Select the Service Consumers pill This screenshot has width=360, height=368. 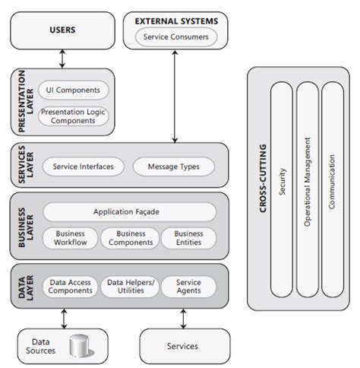pyautogui.click(x=175, y=36)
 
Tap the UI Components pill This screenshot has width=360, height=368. pyautogui.click(x=74, y=90)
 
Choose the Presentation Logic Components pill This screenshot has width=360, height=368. pyautogui.click(x=74, y=116)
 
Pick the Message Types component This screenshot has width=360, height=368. pyautogui.click(x=174, y=166)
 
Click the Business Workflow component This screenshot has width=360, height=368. pyautogui.click(x=70, y=238)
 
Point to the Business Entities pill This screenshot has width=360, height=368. pyautogui.click(x=188, y=238)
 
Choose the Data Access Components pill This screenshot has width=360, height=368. pyautogui.click(x=69, y=287)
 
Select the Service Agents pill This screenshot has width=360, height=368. pyautogui.click(x=188, y=287)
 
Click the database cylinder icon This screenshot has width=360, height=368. pyautogui.click(x=78, y=347)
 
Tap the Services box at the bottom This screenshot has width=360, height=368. pyautogui.click(x=182, y=346)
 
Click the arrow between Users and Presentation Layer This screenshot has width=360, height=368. pyautogui.click(x=62, y=58)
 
